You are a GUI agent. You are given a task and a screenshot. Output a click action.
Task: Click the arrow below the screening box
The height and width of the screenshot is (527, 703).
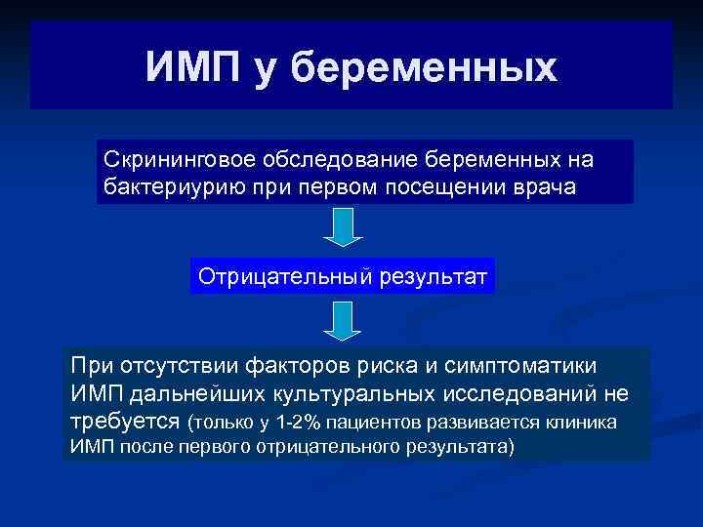pos(342,226)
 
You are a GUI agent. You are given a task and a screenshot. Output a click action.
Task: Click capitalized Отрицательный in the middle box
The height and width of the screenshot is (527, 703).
pos(276,276)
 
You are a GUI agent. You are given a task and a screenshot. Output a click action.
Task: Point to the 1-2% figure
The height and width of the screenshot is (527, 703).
pos(299,423)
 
